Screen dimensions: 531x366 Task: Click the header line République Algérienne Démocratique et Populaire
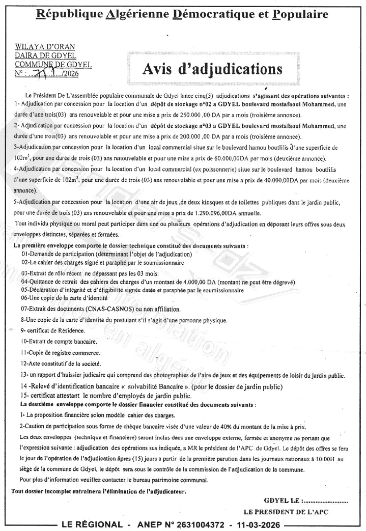[183, 14]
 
